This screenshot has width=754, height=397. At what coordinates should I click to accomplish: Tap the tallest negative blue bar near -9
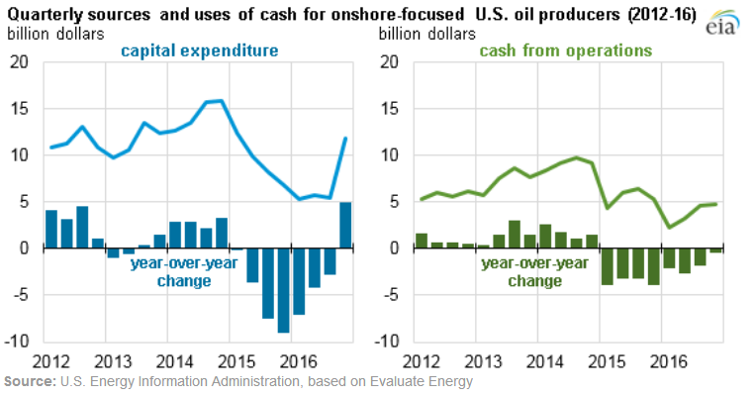pyautogui.click(x=283, y=290)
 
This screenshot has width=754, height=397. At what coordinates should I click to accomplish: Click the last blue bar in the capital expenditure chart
pyautogui.click(x=345, y=225)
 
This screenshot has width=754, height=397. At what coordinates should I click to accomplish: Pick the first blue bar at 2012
pyautogui.click(x=50, y=229)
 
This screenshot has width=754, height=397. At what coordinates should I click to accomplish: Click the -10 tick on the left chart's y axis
pyautogui.click(x=17, y=341)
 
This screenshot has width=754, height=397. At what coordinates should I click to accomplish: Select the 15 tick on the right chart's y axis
pyautogui.click(x=391, y=109)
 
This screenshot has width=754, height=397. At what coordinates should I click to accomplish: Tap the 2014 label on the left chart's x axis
pyautogui.click(x=174, y=360)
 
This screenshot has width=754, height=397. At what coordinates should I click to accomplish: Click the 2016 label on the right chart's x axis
pyautogui.click(x=670, y=360)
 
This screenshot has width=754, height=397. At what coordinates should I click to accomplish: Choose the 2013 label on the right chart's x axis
pyautogui.click(x=483, y=360)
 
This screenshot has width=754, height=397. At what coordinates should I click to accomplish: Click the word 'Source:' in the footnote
pyautogui.click(x=30, y=381)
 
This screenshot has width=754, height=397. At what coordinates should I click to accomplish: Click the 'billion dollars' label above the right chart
pyautogui.click(x=424, y=33)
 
